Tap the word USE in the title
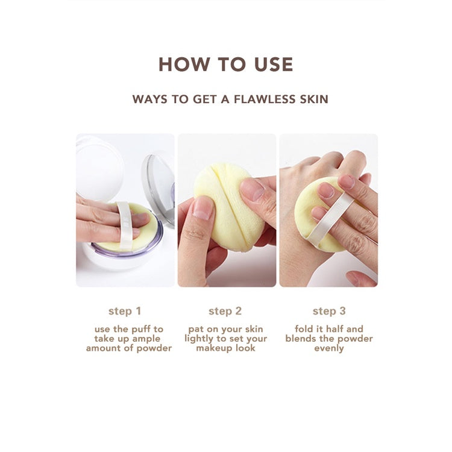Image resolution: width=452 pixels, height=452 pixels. (x=274, y=64)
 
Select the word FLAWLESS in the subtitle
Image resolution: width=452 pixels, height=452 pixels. (x=265, y=99)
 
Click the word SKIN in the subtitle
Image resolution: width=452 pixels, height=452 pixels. (x=314, y=99)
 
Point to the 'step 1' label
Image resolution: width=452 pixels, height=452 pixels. (x=125, y=311)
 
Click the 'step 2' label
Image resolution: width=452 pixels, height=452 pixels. (x=225, y=311)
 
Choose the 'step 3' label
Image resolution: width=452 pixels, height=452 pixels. (x=329, y=311)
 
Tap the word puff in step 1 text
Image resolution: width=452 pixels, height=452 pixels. (x=139, y=329)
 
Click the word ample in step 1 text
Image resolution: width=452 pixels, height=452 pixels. (x=146, y=339)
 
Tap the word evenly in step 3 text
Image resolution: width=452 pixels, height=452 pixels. (x=329, y=348)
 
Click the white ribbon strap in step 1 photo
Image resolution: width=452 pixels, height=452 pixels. (x=125, y=225)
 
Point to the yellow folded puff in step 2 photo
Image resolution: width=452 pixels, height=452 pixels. (x=228, y=206)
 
